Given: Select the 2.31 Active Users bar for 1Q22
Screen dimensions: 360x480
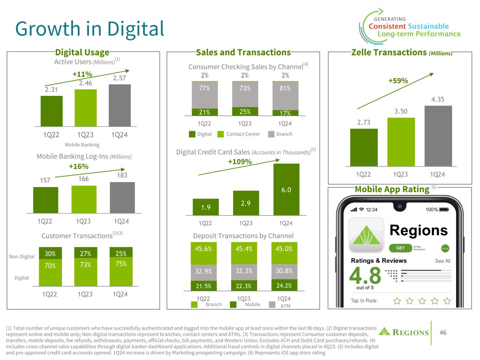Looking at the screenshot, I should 51,111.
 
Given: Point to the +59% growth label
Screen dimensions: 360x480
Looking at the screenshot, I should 398,81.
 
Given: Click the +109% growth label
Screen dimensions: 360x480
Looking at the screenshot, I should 240,162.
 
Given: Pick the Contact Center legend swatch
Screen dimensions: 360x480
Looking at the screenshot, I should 220,134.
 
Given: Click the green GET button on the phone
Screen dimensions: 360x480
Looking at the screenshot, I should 401,248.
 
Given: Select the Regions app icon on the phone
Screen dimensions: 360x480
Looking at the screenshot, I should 366,235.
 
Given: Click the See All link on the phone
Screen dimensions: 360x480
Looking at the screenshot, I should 442,261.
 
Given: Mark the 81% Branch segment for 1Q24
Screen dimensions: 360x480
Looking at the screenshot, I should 285,95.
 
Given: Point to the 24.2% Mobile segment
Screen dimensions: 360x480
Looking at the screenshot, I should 284,285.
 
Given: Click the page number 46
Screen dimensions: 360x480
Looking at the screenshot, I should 443,332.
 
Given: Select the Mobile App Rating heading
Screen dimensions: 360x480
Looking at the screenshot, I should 392,189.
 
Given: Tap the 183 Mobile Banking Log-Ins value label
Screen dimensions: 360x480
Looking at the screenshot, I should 122,175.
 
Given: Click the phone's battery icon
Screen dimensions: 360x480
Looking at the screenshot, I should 444,210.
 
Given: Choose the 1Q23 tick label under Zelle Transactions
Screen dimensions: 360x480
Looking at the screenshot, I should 400,174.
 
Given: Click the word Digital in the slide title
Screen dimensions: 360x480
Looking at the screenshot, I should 136,29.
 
